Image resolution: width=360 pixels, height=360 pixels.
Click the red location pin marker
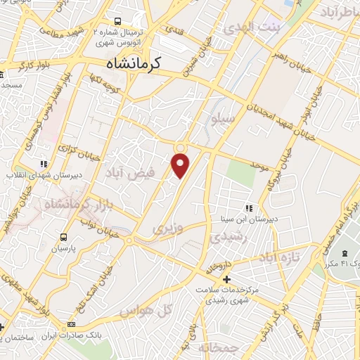click(181, 166)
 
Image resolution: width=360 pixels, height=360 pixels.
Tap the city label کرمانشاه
click(134, 63)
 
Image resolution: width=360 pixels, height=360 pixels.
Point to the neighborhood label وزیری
click(167, 229)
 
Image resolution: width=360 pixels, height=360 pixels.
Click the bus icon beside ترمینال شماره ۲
click(117, 22)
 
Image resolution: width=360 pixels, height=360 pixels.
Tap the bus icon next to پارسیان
click(64, 237)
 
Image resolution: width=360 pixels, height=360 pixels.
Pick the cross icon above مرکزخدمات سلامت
click(225, 280)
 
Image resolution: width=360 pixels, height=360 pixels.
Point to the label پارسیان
click(64, 248)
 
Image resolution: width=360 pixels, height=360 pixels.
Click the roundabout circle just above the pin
click(181, 147)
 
